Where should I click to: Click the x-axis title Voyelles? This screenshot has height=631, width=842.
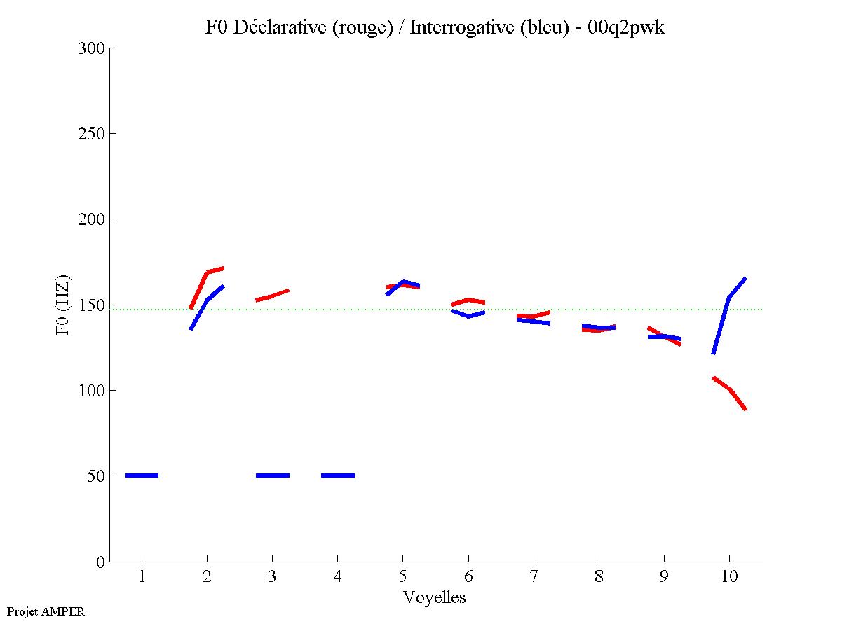[x=435, y=597]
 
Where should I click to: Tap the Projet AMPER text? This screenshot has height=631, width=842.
[x=46, y=611]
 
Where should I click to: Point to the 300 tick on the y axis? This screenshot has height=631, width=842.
[x=93, y=48]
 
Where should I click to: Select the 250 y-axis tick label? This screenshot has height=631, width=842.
[x=93, y=134]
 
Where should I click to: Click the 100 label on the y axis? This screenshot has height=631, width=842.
[x=93, y=390]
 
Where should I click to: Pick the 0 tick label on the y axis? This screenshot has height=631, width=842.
[x=100, y=562]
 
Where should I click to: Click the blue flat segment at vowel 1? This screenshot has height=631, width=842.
[x=142, y=476]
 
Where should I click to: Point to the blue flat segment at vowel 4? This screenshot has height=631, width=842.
[x=338, y=476]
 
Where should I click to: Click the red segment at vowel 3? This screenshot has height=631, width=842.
[x=272, y=296]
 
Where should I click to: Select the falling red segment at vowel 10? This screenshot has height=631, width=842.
[x=730, y=390]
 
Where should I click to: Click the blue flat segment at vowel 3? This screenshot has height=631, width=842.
[x=273, y=476]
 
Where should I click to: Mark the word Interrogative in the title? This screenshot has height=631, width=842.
[x=453, y=27]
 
